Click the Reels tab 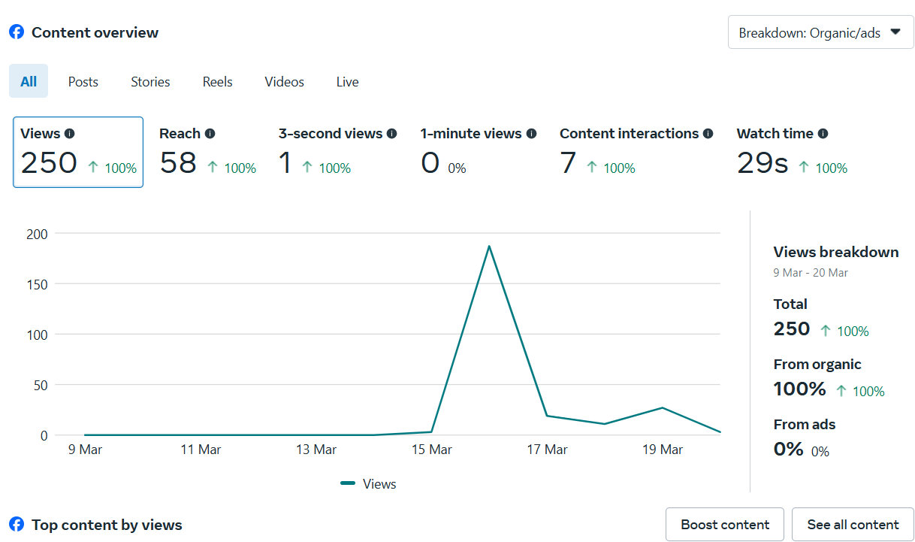tap(217, 82)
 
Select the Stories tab tap(150, 82)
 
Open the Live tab tap(347, 82)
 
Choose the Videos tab tap(284, 82)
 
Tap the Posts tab tap(83, 82)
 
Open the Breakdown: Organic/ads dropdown tap(820, 32)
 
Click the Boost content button tap(725, 525)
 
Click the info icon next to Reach tap(210, 134)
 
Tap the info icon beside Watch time tap(823, 134)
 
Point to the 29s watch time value tap(762, 162)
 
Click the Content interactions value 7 tap(568, 162)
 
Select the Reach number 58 tap(178, 162)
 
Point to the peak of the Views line tap(489, 246)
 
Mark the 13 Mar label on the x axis tap(316, 450)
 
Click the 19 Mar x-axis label tap(662, 450)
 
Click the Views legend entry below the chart tap(369, 484)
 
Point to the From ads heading tap(804, 425)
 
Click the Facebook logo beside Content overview tap(17, 32)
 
